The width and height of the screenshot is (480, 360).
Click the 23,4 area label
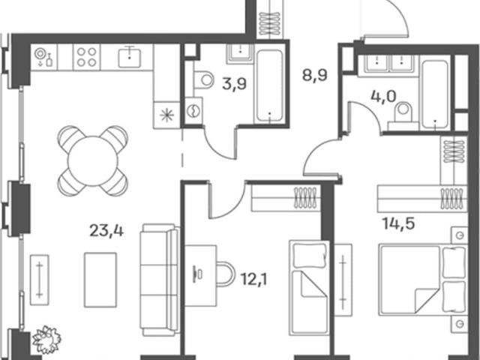coord(106,230)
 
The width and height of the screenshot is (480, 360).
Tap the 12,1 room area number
coord(253,279)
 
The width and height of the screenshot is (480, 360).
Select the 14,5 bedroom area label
coord(398,223)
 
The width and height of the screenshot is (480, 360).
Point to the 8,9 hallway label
coord(315,75)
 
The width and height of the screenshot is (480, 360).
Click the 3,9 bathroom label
coord(234,83)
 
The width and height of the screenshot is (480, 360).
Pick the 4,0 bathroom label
coord(383,97)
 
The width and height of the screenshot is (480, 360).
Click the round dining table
coord(93,161)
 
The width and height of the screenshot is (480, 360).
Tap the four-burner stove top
coord(86,57)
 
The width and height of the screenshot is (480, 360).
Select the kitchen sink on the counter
coord(130,57)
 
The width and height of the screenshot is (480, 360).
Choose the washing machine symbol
coord(193,111)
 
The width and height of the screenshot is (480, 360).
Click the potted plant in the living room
coord(46,340)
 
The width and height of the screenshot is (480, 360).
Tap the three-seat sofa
coord(160,280)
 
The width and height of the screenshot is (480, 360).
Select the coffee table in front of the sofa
coord(100,280)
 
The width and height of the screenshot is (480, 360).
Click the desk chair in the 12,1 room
coord(226,274)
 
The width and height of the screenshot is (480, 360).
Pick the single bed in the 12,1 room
coord(309,288)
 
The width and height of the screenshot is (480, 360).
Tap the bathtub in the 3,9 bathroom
coord(269,86)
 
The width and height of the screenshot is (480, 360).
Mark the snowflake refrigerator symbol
coord(166,115)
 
